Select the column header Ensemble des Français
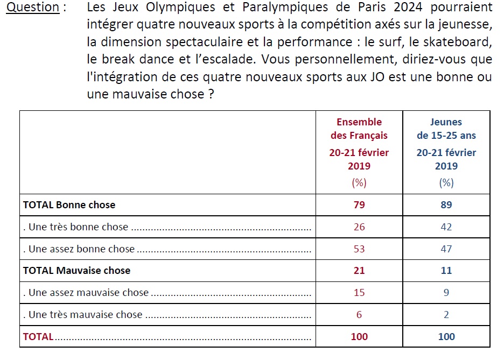tap(359, 129)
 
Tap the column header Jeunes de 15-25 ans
tap(446, 129)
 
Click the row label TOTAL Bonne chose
tap(69, 205)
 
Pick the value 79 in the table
tap(359, 205)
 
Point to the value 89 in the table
tap(446, 205)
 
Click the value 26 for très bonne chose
tap(359, 227)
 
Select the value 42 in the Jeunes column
tap(446, 227)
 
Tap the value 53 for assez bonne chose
tap(359, 249)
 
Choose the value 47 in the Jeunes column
tap(446, 249)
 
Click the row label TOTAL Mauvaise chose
tap(76, 271)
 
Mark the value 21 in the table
tap(359, 271)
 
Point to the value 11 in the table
tap(446, 271)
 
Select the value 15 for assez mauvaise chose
tap(359, 293)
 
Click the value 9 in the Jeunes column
tap(446, 293)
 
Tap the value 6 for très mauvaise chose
tap(359, 315)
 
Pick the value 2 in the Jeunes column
tap(446, 315)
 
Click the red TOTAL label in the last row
tap(38, 337)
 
